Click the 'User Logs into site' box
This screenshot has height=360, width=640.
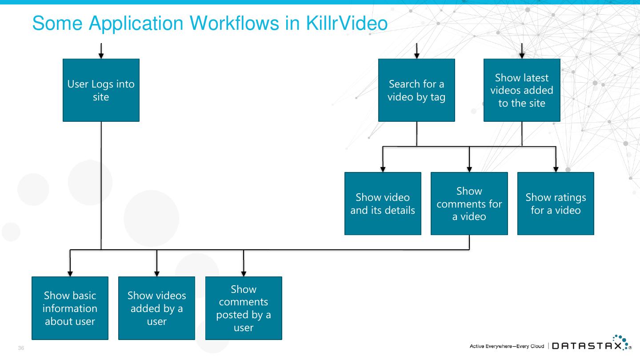click(101, 90)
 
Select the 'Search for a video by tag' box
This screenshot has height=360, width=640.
click(416, 90)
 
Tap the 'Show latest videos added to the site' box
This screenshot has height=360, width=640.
click(522, 90)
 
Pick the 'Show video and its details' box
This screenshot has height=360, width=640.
click(383, 204)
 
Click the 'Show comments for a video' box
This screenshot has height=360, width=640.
click(469, 204)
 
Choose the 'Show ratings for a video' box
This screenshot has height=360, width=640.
click(556, 204)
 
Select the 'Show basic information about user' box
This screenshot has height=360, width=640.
click(70, 308)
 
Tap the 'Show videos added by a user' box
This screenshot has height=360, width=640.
click(156, 308)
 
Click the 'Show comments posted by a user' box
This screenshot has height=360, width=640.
click(244, 308)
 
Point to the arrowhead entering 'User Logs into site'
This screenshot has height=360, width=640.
click(101, 56)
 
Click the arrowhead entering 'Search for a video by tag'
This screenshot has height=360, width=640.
click(416, 56)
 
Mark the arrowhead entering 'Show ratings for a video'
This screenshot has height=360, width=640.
click(556, 169)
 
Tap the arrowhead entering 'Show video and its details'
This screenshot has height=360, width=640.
click(383, 169)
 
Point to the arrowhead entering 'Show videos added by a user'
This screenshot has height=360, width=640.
click(156, 274)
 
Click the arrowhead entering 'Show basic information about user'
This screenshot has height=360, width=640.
click(70, 274)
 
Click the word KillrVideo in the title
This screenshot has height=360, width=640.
click(347, 23)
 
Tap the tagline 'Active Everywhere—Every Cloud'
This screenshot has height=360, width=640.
click(507, 346)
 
